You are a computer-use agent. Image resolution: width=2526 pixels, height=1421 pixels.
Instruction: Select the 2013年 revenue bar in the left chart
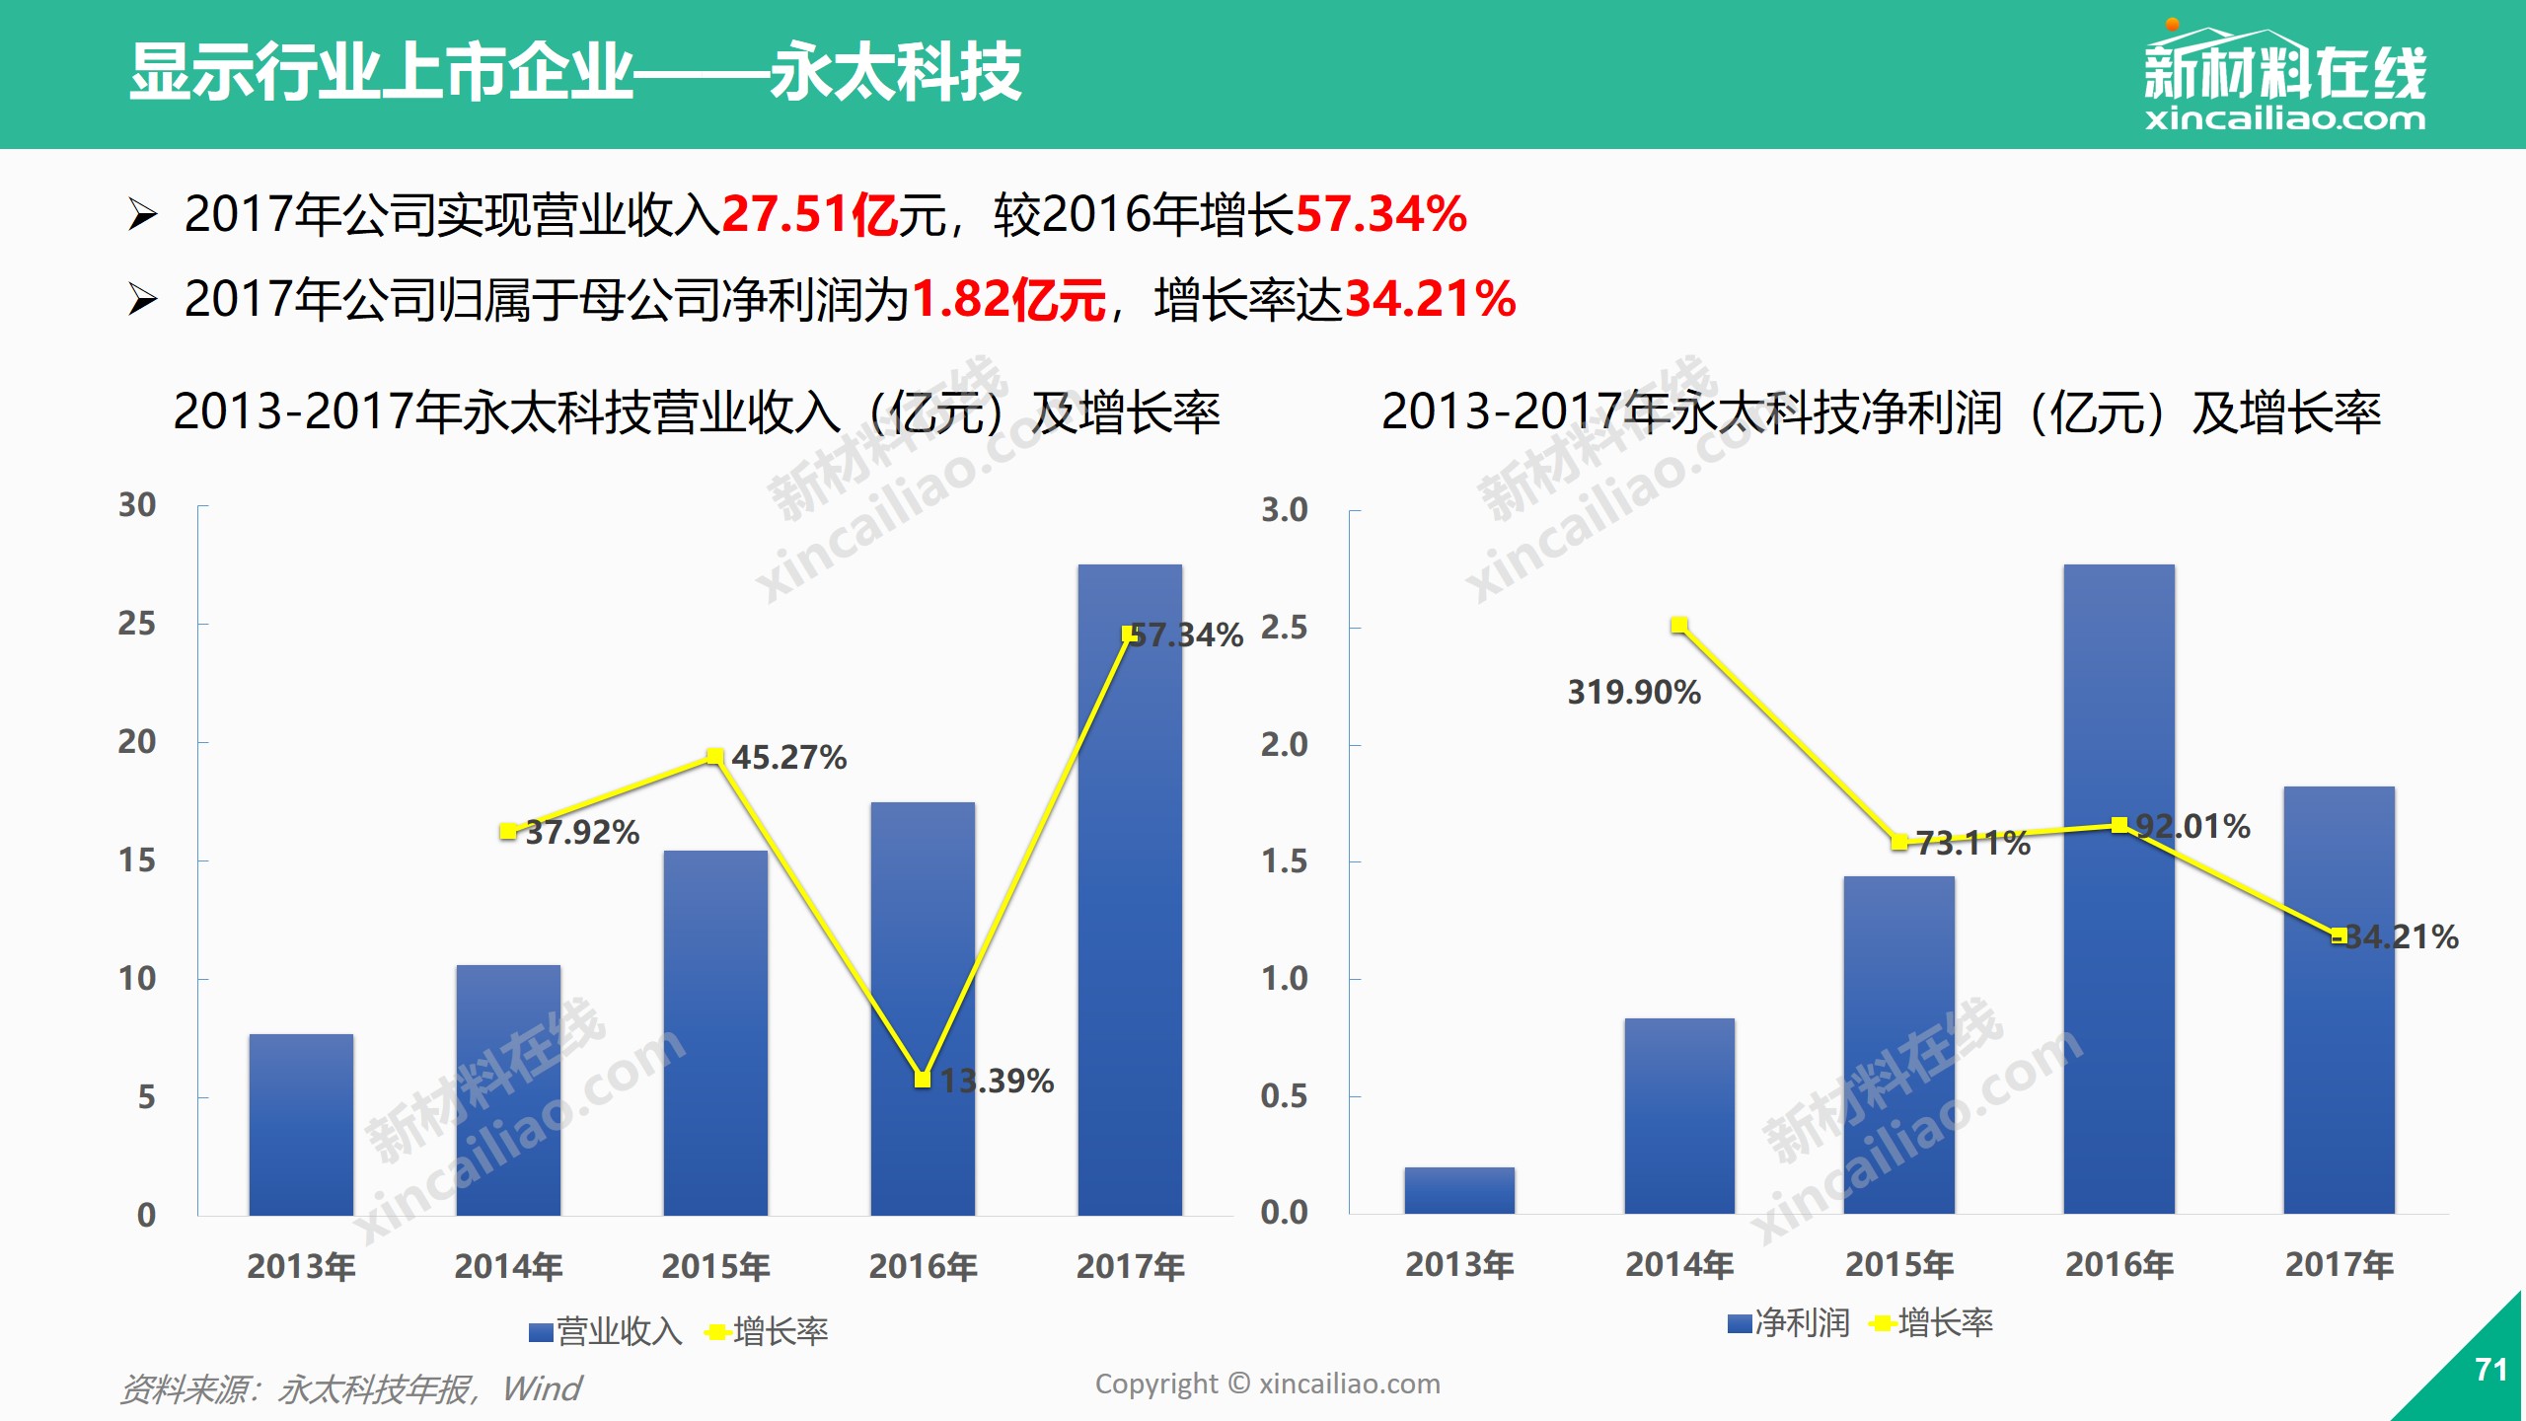[x=301, y=1125]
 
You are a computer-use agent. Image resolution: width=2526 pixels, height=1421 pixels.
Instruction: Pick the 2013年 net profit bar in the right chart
[x=1459, y=1190]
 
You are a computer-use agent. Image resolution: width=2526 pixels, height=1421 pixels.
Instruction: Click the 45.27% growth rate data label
[x=788, y=758]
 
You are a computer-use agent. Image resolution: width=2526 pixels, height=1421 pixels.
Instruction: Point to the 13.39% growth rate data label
[x=997, y=1082]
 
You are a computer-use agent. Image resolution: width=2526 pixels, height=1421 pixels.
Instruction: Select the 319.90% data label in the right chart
[x=1634, y=693]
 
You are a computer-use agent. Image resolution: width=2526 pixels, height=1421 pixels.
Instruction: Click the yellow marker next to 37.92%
[x=507, y=832]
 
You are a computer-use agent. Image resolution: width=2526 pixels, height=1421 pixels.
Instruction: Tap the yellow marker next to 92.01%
[x=2118, y=825]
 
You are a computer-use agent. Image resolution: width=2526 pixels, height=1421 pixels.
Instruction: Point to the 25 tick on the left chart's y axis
[x=137, y=624]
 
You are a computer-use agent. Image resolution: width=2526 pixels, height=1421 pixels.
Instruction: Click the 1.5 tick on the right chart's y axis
[x=1284, y=861]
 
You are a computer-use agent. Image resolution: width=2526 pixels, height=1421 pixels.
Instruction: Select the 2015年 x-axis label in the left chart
[x=715, y=1266]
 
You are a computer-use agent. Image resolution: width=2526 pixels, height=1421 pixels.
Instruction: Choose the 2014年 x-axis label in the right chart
[x=1679, y=1264]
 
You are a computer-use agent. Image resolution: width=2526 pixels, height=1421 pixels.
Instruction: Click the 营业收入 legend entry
[x=606, y=1332]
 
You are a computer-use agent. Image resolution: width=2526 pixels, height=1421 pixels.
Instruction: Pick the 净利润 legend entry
[x=1789, y=1323]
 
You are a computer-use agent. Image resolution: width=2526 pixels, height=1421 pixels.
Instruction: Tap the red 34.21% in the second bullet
[x=1430, y=299]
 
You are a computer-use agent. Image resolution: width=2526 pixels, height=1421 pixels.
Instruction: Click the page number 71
[x=2490, y=1370]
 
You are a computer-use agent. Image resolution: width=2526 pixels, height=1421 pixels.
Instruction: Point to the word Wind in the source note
[x=542, y=1389]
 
